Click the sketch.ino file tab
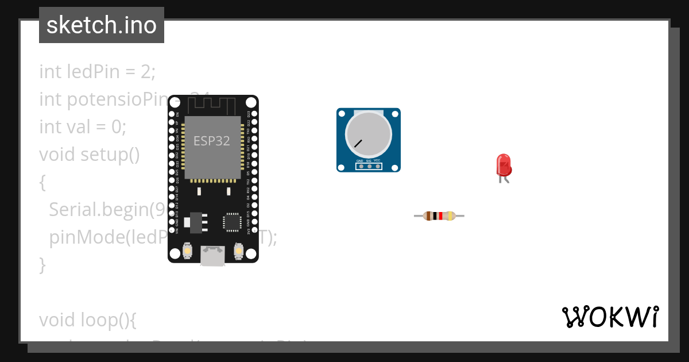pos(102,25)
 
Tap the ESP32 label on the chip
pos(211,141)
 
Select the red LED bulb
pos(504,165)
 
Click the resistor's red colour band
pos(440,216)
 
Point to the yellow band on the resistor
pos(450,216)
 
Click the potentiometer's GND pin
pos(360,167)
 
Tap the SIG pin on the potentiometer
pos(369,167)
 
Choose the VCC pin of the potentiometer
pos(377,167)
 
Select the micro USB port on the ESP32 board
pos(212,255)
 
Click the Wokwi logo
pos(610,317)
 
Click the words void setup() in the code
pos(90,155)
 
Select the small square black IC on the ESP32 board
pos(233,222)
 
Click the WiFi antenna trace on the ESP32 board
pos(212,105)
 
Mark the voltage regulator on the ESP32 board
pos(196,222)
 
